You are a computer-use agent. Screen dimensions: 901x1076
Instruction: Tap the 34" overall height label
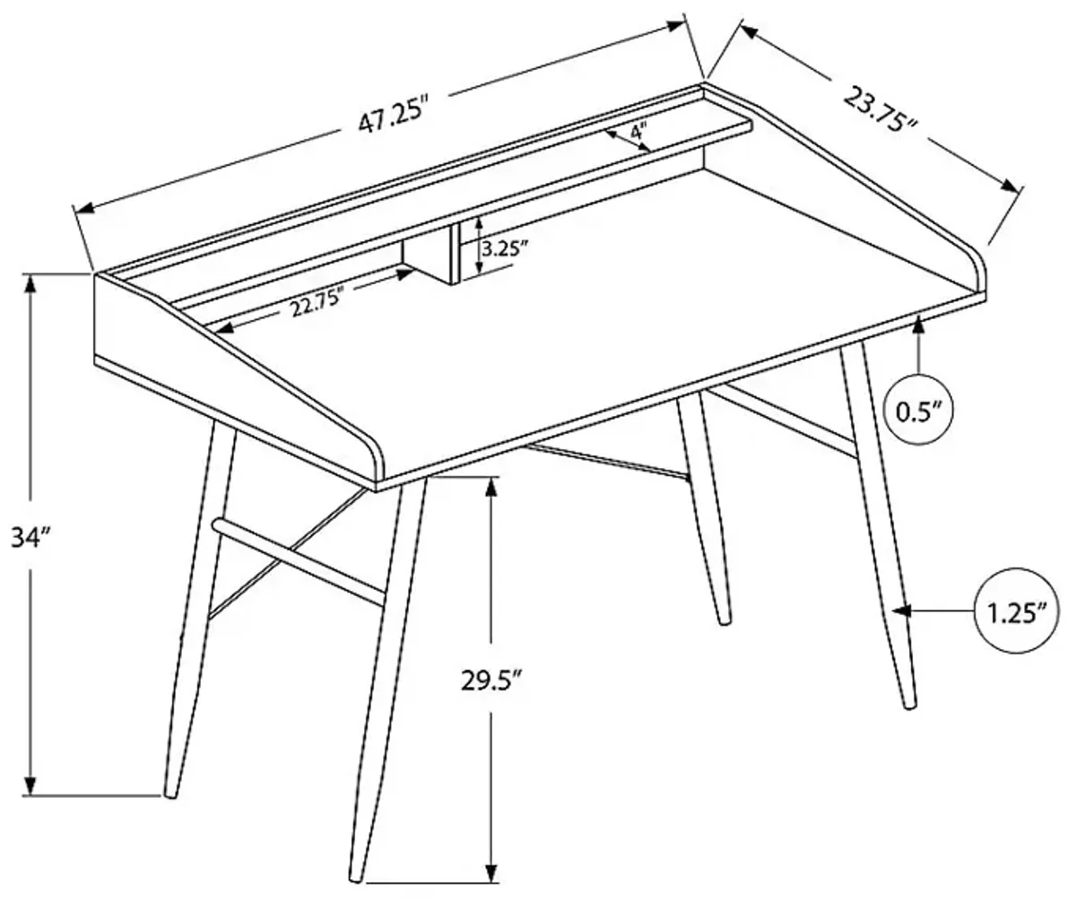point(31,538)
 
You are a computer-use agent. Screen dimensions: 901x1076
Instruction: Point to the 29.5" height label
point(491,680)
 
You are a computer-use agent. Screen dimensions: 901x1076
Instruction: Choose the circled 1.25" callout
point(1017,613)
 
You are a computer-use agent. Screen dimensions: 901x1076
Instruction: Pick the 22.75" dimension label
point(317,305)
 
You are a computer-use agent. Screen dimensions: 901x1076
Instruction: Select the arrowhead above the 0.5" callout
point(919,325)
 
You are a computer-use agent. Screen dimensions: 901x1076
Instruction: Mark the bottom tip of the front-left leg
point(169,792)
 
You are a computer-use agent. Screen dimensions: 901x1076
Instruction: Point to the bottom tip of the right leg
point(910,705)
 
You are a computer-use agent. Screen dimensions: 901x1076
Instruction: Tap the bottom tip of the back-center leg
point(723,619)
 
